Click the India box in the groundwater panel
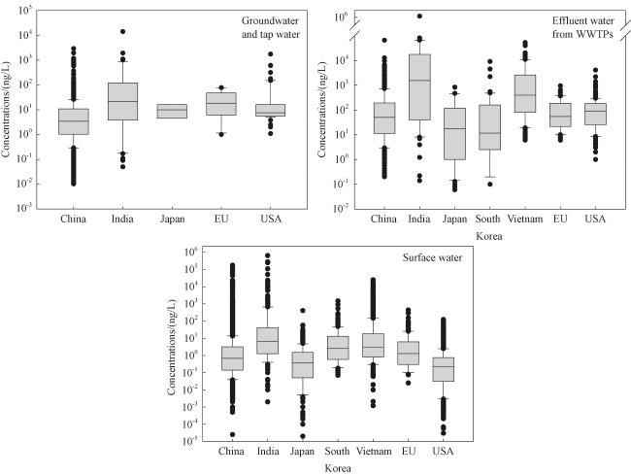[x=123, y=102]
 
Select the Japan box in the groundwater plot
[x=172, y=111]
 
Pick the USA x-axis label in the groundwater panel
[x=271, y=218]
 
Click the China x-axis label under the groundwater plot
[x=74, y=218]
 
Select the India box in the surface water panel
[x=268, y=340]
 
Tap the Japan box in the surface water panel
[x=303, y=364]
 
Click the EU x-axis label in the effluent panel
[x=561, y=218]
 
